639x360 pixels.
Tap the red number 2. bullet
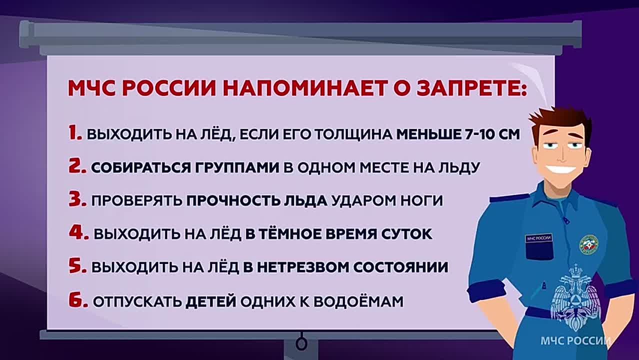click(x=78, y=166)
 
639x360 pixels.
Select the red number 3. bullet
click(x=78, y=200)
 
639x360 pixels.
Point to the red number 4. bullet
click(x=78, y=233)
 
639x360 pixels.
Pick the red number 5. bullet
click(x=78, y=266)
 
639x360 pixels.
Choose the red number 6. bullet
click(x=78, y=301)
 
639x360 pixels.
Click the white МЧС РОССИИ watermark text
click(x=575, y=341)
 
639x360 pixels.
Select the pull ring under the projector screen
click(x=301, y=343)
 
